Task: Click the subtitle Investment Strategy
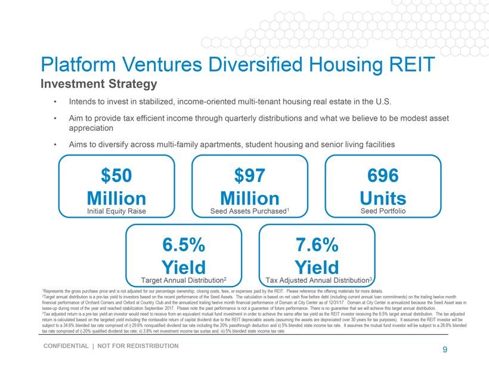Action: click(99, 84)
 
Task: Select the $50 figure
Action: click(116, 175)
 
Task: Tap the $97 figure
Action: click(249, 175)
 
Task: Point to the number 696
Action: click(383, 175)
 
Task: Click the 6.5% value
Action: click(184, 245)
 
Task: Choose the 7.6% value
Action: click(317, 245)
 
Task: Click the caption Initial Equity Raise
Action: click(116, 211)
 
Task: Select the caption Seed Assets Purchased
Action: click(249, 211)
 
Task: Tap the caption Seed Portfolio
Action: click(383, 211)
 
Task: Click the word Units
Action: click(383, 198)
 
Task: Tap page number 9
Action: click(445, 350)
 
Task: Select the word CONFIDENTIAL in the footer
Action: click(66, 346)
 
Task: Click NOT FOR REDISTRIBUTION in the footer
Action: click(138, 346)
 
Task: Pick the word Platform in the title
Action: click(78, 64)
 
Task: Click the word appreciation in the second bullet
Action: click(91, 128)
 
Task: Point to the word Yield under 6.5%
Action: click(184, 267)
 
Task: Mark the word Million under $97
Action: click(249, 198)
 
